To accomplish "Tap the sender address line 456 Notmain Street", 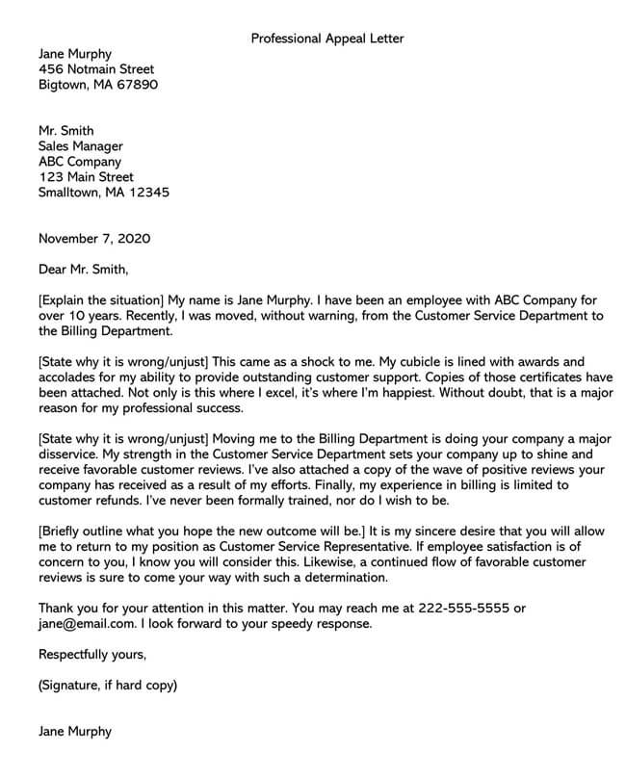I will (95, 70).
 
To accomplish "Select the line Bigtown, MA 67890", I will (98, 86).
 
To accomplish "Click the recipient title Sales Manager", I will (80, 146).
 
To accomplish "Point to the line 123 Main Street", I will (86, 177).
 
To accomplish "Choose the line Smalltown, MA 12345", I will (103, 193).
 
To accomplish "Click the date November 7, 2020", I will (93, 238).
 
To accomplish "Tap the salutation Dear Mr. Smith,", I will (83, 269).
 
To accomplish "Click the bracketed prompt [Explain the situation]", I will (103, 300).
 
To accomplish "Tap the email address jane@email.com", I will (87, 624).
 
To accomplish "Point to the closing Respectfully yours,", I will (92, 655).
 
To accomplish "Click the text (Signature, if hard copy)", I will (108, 686).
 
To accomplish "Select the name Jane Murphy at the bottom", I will (75, 732).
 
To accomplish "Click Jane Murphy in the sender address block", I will (75, 55).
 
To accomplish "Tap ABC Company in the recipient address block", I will (80, 162).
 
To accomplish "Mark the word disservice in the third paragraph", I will (71, 454).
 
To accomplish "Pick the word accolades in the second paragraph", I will (69, 377).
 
